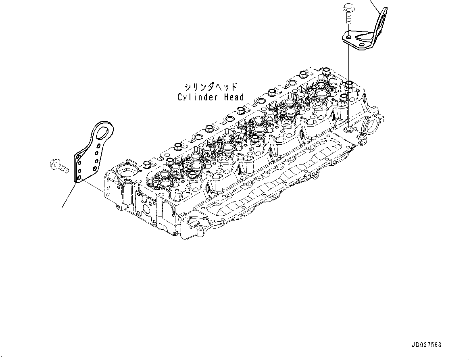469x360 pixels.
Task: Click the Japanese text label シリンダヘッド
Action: click(211, 87)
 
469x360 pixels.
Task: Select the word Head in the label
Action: click(234, 97)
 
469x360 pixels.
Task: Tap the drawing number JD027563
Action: click(427, 345)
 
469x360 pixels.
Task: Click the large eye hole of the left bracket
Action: click(104, 132)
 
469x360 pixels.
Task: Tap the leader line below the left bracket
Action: click(69, 196)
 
